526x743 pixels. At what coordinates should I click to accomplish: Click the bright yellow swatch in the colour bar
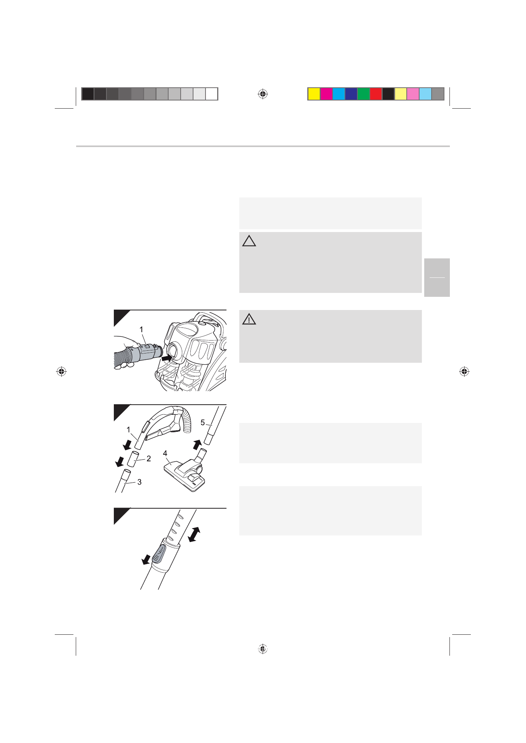(x=314, y=94)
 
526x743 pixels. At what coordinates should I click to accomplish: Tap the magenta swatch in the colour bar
(x=326, y=94)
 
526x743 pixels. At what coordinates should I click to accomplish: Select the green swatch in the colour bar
(x=364, y=94)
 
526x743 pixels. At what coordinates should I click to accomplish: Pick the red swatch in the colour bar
(x=376, y=94)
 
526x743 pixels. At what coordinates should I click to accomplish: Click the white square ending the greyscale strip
(x=212, y=94)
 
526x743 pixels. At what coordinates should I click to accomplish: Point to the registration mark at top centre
(x=263, y=94)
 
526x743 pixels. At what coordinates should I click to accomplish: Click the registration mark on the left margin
(x=61, y=371)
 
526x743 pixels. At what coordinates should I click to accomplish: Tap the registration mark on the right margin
(x=464, y=371)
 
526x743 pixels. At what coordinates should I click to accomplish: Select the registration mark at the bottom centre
(x=263, y=648)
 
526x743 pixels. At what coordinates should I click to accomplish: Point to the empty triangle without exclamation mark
(x=249, y=241)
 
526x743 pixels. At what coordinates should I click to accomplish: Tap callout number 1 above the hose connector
(x=141, y=329)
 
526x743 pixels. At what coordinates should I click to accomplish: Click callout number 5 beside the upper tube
(x=202, y=423)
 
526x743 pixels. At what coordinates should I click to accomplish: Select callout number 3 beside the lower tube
(x=139, y=482)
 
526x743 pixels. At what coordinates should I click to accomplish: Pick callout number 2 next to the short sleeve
(x=148, y=459)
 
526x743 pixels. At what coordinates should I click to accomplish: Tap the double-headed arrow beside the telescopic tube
(x=194, y=534)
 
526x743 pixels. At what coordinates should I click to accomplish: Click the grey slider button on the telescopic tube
(x=159, y=553)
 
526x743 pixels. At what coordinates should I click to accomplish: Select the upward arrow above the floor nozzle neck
(x=198, y=445)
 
